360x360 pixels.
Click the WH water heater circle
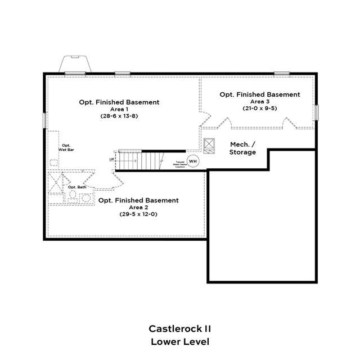point(193,161)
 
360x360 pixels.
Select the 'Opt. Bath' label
point(77,187)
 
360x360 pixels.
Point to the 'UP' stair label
point(112,160)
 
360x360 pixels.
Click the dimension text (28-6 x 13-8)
point(119,116)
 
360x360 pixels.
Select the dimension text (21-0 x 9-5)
point(260,108)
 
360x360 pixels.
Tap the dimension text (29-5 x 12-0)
point(138,214)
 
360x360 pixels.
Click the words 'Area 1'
point(119,109)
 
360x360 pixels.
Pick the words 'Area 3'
point(260,101)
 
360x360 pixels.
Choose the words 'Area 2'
point(138,207)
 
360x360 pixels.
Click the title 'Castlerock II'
point(180,328)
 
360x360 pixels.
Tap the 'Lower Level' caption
point(180,341)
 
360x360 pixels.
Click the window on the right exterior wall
point(316,112)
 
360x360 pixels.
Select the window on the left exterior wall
point(44,120)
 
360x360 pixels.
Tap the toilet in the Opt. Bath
point(73,196)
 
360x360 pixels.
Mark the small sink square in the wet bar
point(54,162)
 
